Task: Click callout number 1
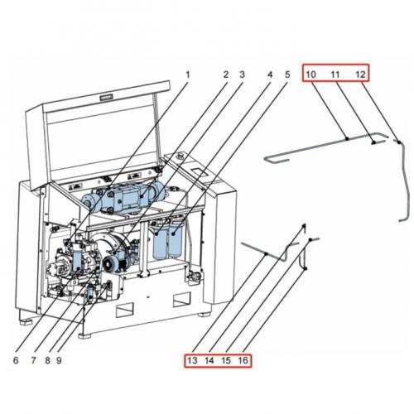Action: pyautogui.click(x=188, y=75)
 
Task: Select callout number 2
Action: pyautogui.click(x=224, y=75)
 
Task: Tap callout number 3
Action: pyautogui.click(x=242, y=75)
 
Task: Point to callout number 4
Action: pyautogui.click(x=269, y=75)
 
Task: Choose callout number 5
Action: pyautogui.click(x=287, y=75)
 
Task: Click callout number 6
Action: pyautogui.click(x=15, y=359)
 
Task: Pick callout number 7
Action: pyautogui.click(x=34, y=359)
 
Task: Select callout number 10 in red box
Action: pyautogui.click(x=310, y=74)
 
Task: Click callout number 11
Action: pyautogui.click(x=335, y=74)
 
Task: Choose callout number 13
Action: pyautogui.click(x=192, y=361)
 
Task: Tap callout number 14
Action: pyautogui.click(x=209, y=361)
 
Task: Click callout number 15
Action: pyautogui.click(x=226, y=361)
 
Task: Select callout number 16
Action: pyautogui.click(x=243, y=361)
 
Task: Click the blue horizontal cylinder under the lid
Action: pyautogui.click(x=124, y=199)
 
